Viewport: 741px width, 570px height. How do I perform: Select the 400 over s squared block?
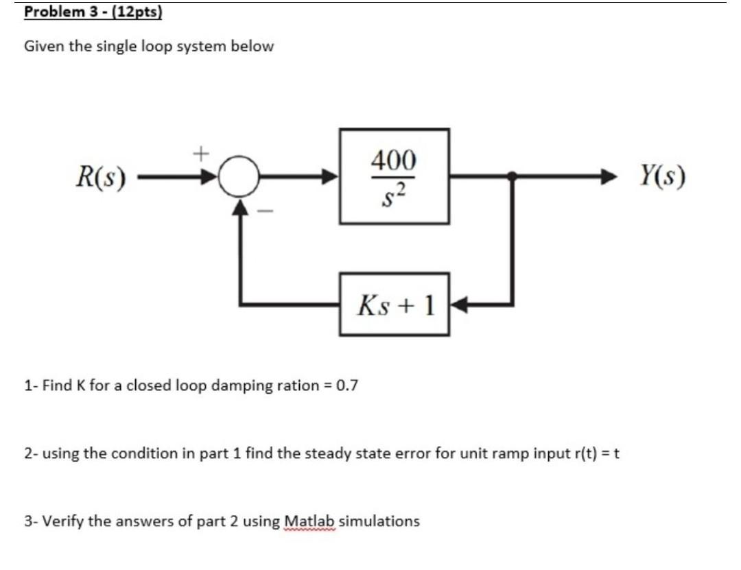(x=394, y=176)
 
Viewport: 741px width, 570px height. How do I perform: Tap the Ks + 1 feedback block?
(x=394, y=304)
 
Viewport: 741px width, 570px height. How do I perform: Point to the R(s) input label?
(x=102, y=177)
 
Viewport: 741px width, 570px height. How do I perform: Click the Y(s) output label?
(x=662, y=176)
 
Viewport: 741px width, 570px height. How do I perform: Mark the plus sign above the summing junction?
(x=201, y=153)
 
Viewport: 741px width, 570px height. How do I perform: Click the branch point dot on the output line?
(x=511, y=176)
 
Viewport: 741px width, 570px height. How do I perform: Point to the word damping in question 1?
(x=237, y=385)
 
